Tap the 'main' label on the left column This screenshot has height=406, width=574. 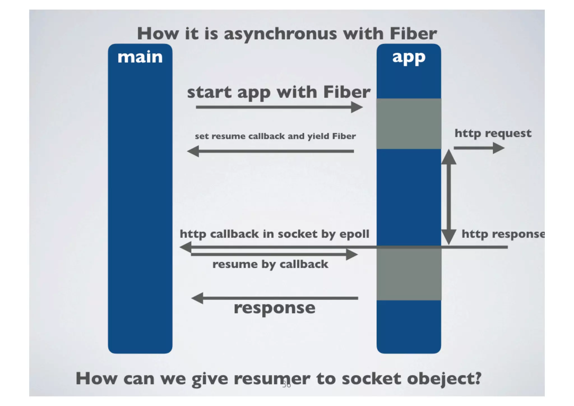coord(140,57)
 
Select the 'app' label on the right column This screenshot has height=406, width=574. coord(409,57)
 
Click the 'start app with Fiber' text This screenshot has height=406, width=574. coord(279,92)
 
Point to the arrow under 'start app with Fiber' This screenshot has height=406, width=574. coord(279,107)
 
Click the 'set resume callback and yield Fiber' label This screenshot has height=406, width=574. coord(275,136)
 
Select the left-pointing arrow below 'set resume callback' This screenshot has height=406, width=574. coord(270,151)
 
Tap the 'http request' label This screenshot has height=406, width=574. coord(493,133)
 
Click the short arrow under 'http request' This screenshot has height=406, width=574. coord(479,148)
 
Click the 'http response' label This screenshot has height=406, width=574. coord(503,234)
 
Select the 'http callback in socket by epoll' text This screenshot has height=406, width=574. coord(274,234)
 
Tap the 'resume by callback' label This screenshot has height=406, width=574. coord(270,264)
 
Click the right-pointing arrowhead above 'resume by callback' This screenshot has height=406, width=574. coord(352,255)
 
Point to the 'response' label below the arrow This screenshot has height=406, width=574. coord(274,308)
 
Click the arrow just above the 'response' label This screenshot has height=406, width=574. coord(275,298)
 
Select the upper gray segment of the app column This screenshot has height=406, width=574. coord(409,124)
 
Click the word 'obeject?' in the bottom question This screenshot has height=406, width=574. coord(444,379)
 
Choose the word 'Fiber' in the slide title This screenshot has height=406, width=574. coord(413,34)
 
